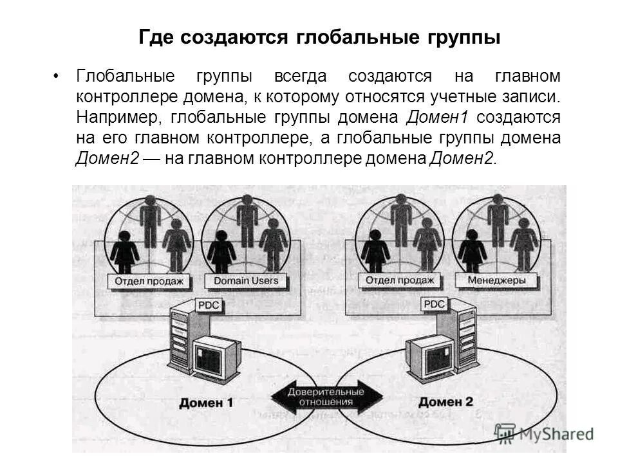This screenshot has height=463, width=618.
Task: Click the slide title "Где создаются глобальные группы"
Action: tap(319, 37)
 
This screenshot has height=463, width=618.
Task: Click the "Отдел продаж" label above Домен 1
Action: tap(149, 281)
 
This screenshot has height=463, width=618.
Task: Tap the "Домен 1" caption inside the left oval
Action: tap(206, 404)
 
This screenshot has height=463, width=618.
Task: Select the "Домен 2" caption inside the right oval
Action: tap(445, 403)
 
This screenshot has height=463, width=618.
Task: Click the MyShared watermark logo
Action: tap(544, 434)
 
